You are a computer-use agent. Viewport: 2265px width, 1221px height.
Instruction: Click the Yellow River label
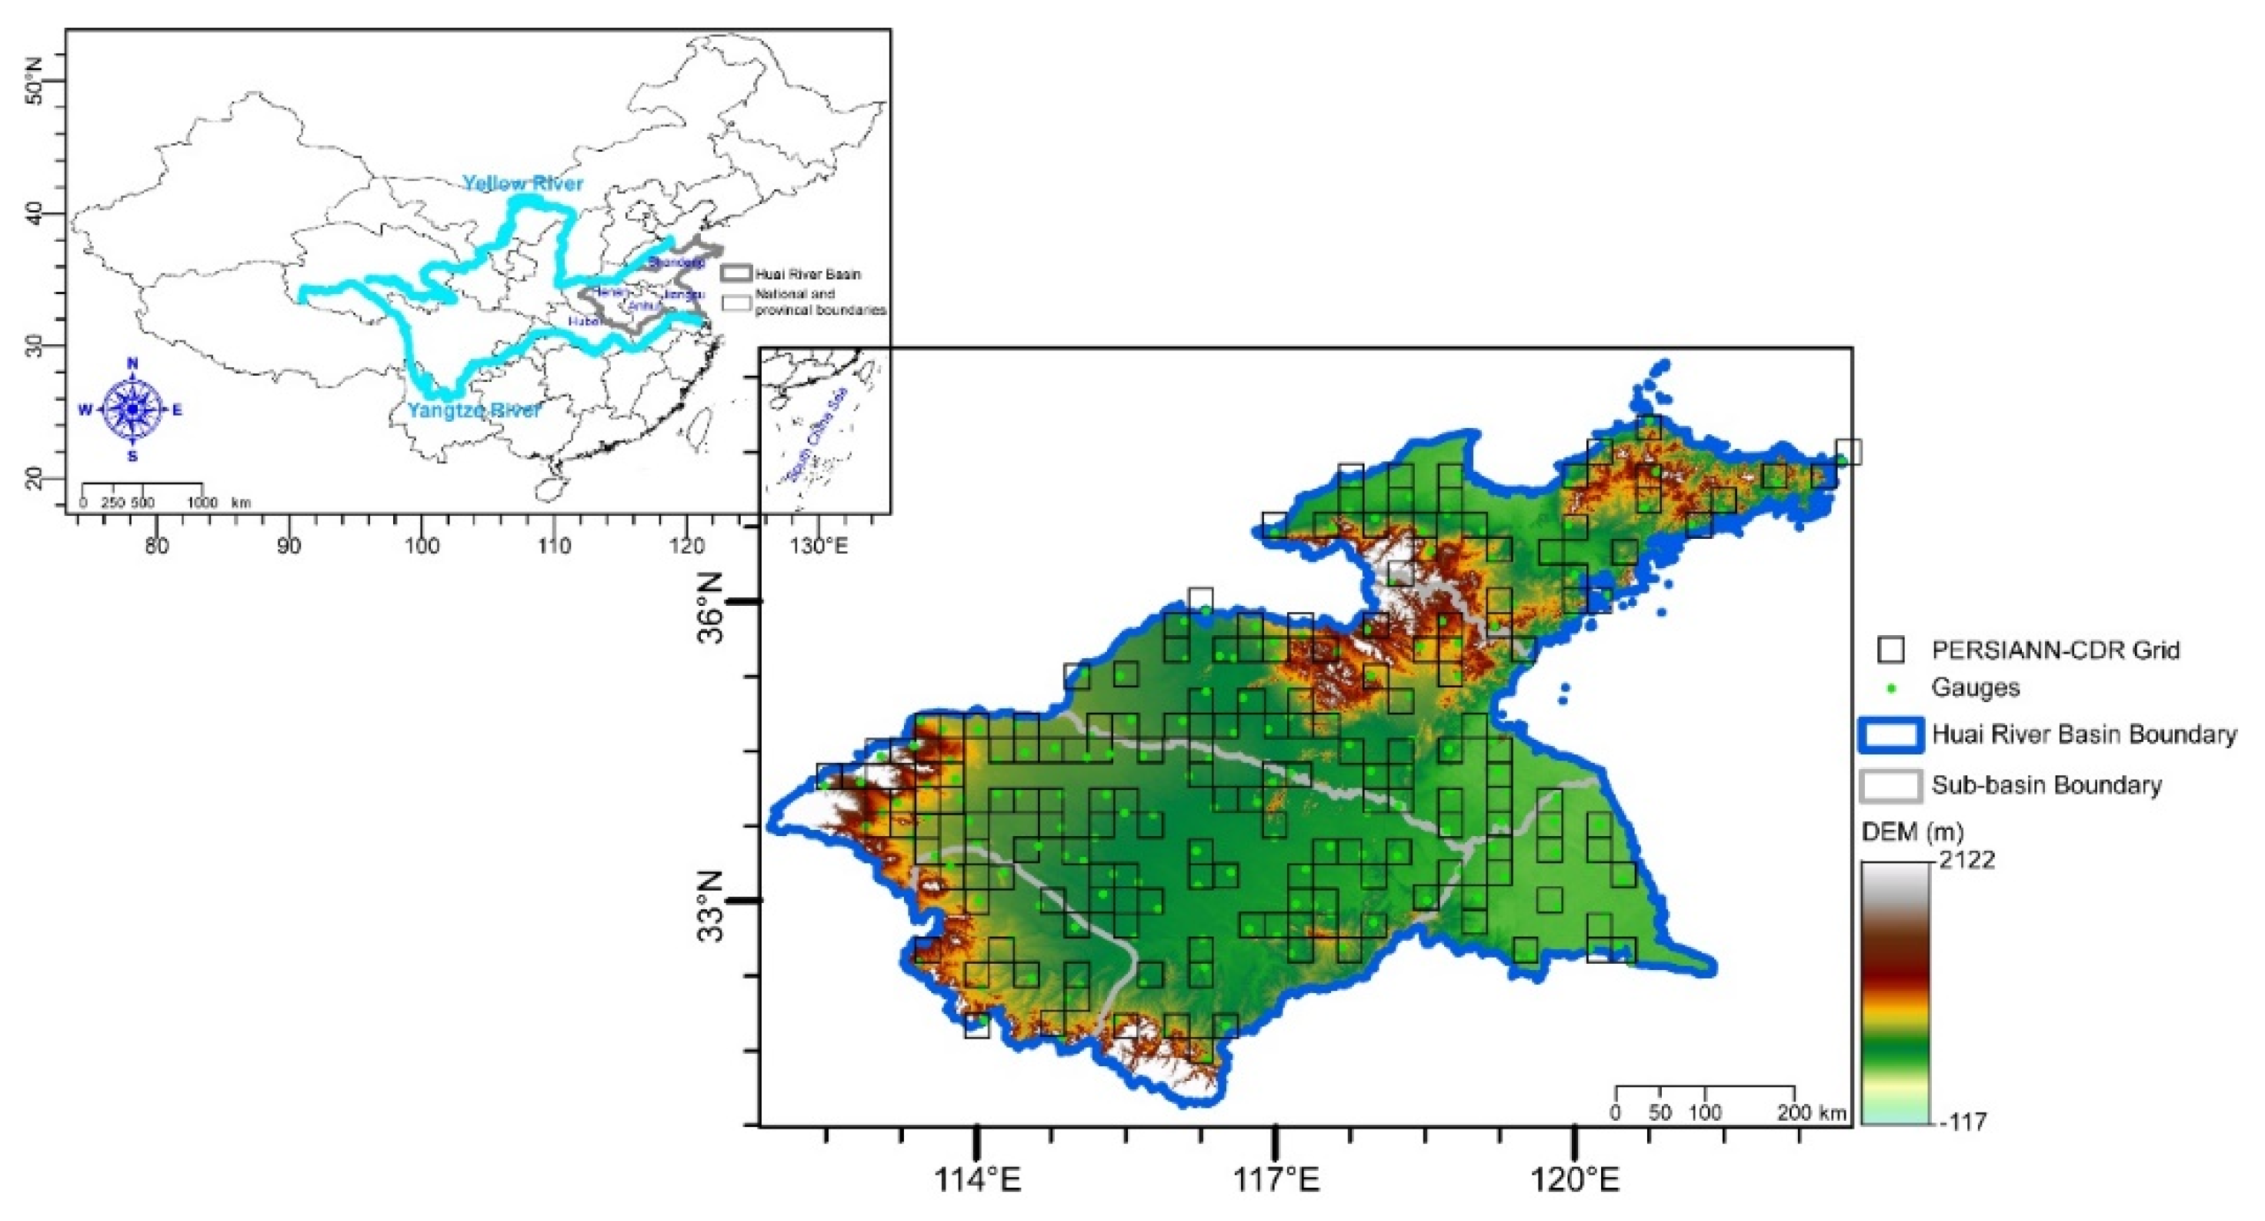(x=522, y=183)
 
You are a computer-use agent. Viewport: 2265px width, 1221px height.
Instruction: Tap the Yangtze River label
(x=473, y=410)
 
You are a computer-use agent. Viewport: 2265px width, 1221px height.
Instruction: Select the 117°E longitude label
(x=1276, y=1179)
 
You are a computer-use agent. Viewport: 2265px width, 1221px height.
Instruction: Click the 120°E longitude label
(x=1575, y=1179)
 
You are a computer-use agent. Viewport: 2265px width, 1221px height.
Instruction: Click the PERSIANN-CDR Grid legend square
(x=1890, y=650)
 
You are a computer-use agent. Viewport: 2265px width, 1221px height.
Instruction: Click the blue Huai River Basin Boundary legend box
(x=1890, y=734)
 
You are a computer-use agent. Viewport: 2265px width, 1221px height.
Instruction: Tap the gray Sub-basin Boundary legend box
(x=1890, y=785)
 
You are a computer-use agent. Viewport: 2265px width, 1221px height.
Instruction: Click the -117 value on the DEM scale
(x=1962, y=1122)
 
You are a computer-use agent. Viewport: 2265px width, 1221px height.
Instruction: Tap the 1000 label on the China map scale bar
(x=202, y=502)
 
